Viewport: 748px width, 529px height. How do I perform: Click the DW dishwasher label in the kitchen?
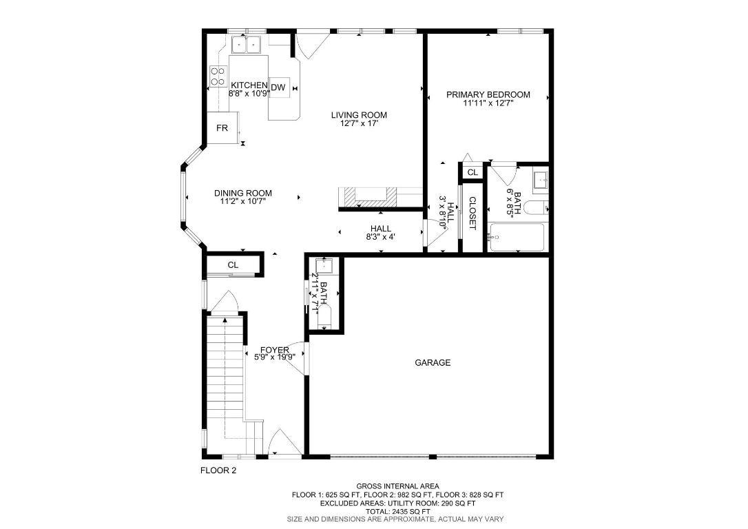click(x=278, y=87)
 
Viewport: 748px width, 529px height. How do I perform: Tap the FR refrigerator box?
click(x=222, y=129)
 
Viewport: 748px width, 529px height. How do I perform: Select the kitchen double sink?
click(x=245, y=45)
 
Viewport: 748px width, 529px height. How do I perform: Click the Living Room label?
click(x=358, y=115)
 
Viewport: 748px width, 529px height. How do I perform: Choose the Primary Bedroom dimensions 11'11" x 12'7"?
click(x=488, y=103)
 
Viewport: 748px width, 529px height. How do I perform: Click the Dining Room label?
click(x=242, y=193)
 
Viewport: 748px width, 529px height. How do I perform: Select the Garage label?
click(x=433, y=362)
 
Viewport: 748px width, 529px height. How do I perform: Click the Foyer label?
click(x=274, y=350)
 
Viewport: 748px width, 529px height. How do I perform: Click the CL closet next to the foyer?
click(x=233, y=264)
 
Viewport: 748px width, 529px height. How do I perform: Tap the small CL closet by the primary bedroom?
click(x=472, y=172)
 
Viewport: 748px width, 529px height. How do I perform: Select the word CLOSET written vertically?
click(x=472, y=214)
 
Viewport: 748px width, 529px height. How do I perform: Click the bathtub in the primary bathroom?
click(x=517, y=238)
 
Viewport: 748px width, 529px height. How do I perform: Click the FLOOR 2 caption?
click(x=218, y=471)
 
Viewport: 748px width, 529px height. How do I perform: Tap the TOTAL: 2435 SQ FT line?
click(x=397, y=511)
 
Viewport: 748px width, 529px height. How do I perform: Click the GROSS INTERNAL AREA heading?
click(x=397, y=486)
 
